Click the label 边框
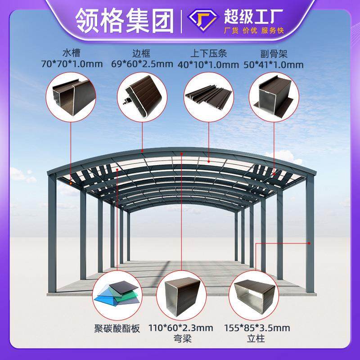pos(142,53)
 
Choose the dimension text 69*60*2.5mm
pos(142,64)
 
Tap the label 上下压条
pos(208,53)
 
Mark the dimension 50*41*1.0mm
pos(274,64)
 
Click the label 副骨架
pos(274,53)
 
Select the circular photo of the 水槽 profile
pos(71,96)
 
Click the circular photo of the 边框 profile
pos(142,96)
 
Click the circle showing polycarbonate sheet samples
pos(116,294)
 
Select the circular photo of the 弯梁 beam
pos(181,294)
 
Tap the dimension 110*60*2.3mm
pos(181,328)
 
